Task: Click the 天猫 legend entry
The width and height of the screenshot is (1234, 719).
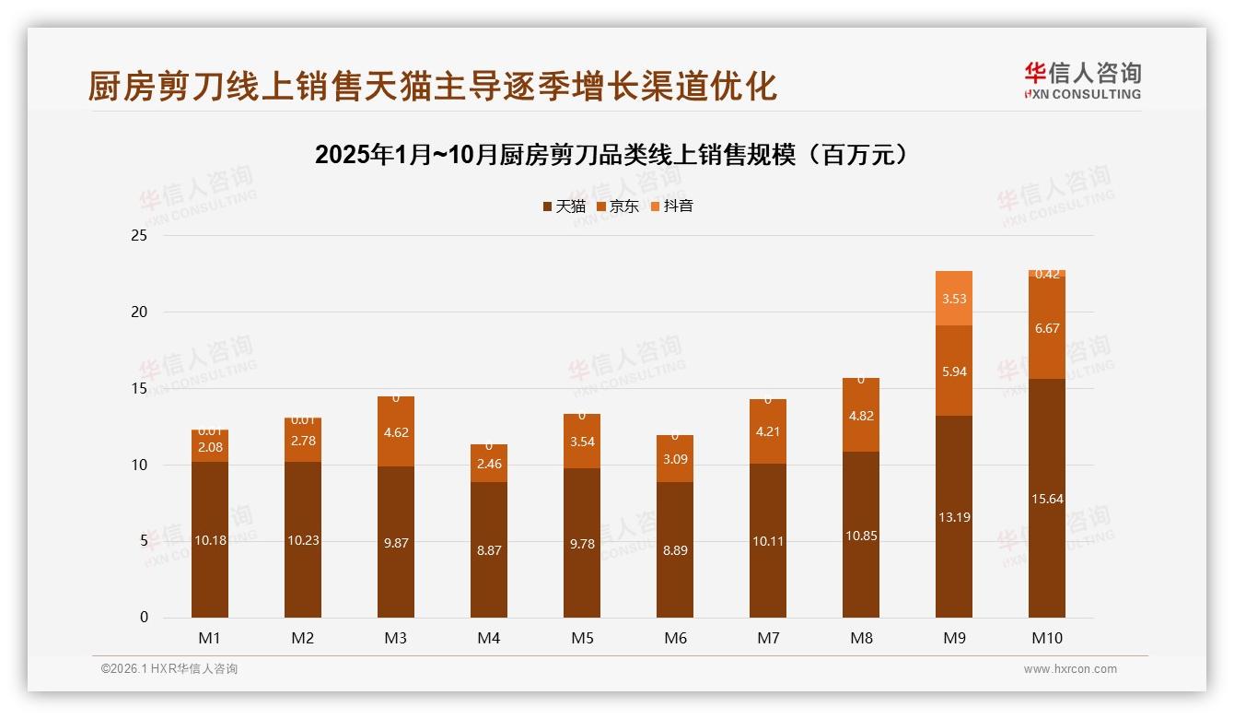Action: click(x=564, y=206)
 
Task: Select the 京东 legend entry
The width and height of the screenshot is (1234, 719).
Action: click(x=618, y=206)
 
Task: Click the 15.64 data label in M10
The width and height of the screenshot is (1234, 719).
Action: click(x=1047, y=499)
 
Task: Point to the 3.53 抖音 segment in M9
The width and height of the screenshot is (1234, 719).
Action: click(x=954, y=299)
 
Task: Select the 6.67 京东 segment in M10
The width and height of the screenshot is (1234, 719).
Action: click(x=1047, y=328)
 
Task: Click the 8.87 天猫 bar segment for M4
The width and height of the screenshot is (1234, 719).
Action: click(x=489, y=549)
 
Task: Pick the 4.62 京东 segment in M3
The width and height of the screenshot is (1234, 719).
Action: click(x=396, y=431)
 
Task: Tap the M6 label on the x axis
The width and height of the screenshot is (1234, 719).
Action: click(x=675, y=638)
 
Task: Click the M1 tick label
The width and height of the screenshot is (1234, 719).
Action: click(x=210, y=638)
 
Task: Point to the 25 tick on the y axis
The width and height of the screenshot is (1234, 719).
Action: click(x=139, y=236)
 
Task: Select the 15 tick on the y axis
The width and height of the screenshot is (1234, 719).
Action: click(x=139, y=389)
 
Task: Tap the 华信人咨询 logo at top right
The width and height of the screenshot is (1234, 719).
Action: click(x=1082, y=80)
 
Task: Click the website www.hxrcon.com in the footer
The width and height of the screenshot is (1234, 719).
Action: click(x=1070, y=669)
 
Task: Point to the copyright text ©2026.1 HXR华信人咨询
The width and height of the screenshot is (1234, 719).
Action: click(x=169, y=669)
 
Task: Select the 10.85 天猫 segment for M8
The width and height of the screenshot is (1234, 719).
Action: click(x=861, y=535)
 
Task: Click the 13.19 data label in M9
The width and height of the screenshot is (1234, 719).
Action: click(x=954, y=517)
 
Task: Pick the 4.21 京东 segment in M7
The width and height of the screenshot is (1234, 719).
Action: click(x=768, y=431)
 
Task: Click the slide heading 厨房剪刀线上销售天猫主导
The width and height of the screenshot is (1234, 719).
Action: click(x=432, y=86)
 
